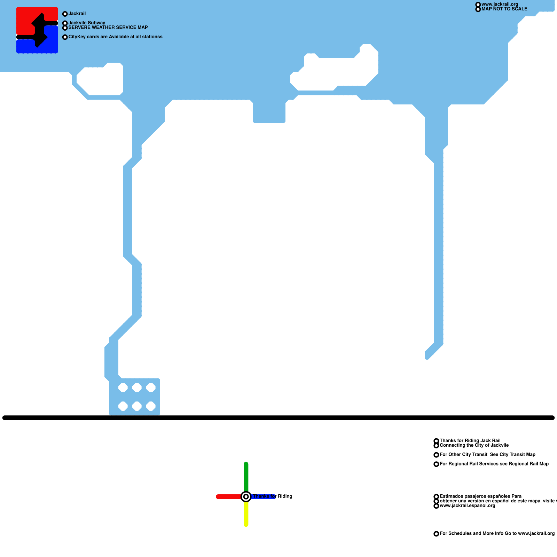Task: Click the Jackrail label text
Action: point(77,14)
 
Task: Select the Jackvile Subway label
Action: point(87,23)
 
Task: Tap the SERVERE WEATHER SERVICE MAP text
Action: point(108,27)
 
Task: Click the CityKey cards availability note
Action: point(115,37)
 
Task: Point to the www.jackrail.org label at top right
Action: point(500,4)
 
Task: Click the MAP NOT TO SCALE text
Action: point(504,9)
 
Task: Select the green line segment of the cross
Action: point(246,475)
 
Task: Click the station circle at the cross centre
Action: point(246,497)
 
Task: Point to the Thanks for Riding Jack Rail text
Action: point(470,440)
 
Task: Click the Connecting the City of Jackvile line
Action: point(474,445)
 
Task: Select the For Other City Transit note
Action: point(487,454)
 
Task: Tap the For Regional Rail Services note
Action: point(494,464)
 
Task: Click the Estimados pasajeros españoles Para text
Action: point(480,496)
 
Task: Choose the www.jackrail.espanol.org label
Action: point(467,505)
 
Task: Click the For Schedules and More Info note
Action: point(497,533)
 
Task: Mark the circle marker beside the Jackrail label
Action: point(65,14)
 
